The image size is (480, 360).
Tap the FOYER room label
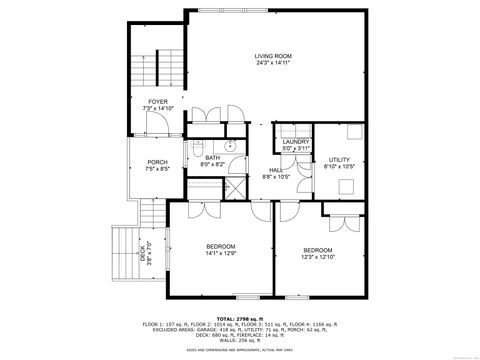(x=157, y=101)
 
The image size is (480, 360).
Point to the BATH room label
(x=213, y=157)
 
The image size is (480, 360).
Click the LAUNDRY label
(x=295, y=142)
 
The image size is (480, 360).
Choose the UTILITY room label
(x=340, y=160)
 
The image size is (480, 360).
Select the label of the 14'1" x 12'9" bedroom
(x=220, y=246)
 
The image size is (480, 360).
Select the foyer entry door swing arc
(x=156, y=122)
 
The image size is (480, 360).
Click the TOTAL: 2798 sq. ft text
(x=239, y=319)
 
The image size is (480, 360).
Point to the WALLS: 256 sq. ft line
(x=239, y=339)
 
